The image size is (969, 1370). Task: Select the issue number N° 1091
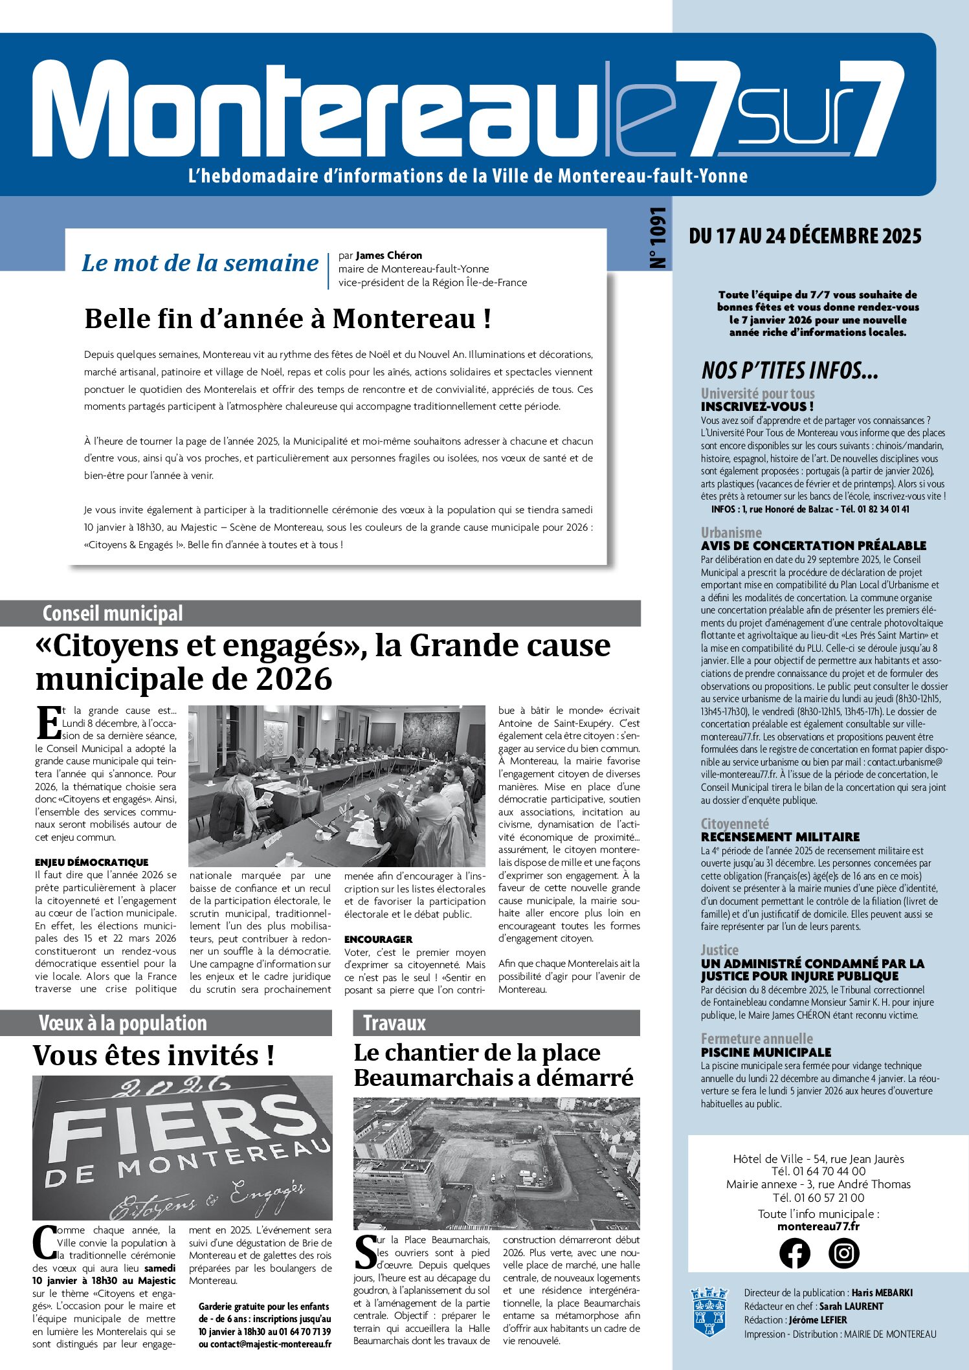[x=658, y=238]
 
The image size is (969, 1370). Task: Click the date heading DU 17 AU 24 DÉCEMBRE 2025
[x=805, y=236]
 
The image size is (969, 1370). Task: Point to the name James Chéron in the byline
[x=388, y=255]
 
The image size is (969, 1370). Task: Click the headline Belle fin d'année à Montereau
[x=287, y=319]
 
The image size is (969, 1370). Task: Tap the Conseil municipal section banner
[x=113, y=613]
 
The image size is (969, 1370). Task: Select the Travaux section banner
[x=394, y=1023]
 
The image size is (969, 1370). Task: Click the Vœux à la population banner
[x=122, y=1023]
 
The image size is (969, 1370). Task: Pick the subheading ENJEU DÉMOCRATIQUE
[x=91, y=862]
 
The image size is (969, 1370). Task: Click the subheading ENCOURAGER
[x=378, y=939]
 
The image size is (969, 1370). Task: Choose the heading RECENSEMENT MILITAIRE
[x=780, y=837]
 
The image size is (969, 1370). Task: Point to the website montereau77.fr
[x=818, y=1226]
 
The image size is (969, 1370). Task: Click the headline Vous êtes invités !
[x=153, y=1055]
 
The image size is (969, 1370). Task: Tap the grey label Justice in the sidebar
[x=719, y=950]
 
